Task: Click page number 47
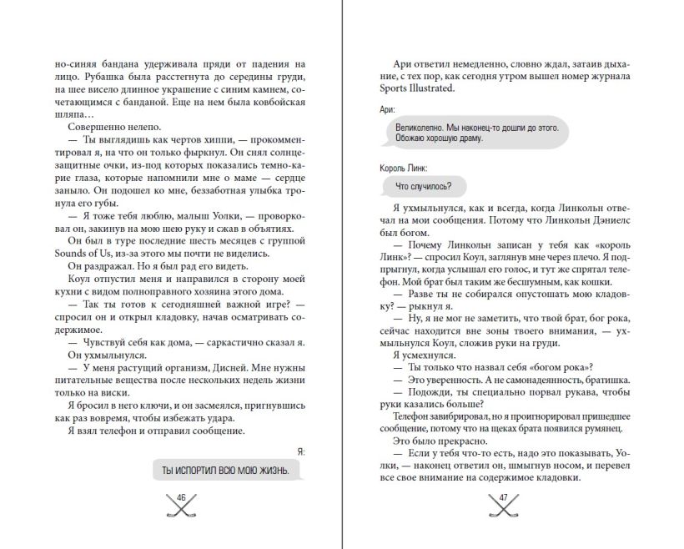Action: pyautogui.click(x=503, y=498)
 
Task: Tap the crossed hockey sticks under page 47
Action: pyautogui.click(x=503, y=509)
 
